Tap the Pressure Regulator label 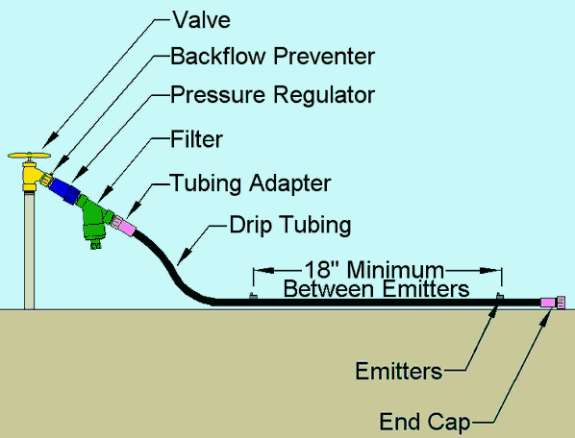click(272, 95)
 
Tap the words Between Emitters click(375, 286)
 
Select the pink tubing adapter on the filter click(126, 227)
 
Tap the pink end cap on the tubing click(551, 302)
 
